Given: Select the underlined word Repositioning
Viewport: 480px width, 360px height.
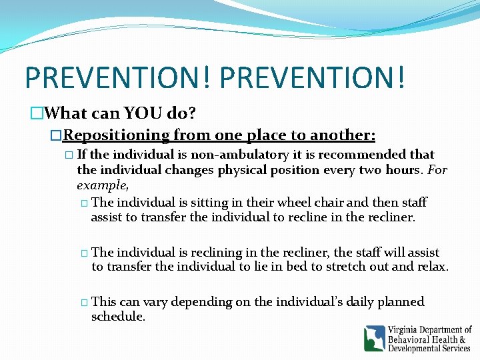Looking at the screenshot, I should click(x=116, y=136).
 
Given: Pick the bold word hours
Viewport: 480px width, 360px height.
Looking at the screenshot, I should click(x=405, y=169).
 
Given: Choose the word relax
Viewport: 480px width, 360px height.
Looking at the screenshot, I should click(x=432, y=267).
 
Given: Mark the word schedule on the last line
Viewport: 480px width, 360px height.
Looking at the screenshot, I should click(x=117, y=317).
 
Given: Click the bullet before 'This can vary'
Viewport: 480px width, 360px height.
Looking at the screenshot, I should click(x=84, y=303).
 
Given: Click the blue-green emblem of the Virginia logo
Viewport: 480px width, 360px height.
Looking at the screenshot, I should click(x=374, y=338).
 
